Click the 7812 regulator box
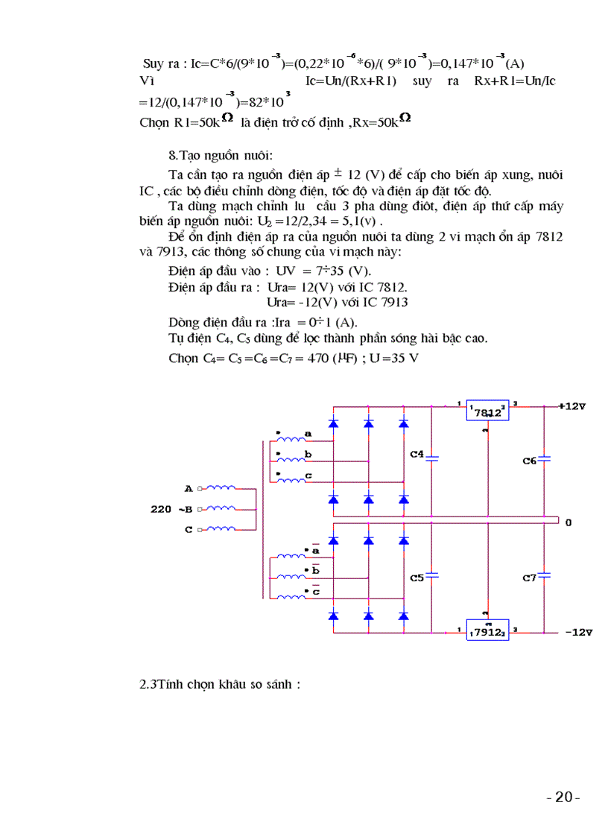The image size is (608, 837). (x=488, y=411)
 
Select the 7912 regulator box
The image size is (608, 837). (x=488, y=631)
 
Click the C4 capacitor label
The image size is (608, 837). (x=417, y=454)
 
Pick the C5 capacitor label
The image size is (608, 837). (x=417, y=577)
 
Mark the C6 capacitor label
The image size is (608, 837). (x=529, y=461)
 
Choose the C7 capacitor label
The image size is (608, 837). (x=529, y=578)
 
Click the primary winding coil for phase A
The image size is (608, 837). (x=221, y=488)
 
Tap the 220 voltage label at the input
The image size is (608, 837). (x=160, y=510)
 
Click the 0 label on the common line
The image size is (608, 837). (x=568, y=522)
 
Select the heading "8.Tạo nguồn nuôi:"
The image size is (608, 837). (x=221, y=156)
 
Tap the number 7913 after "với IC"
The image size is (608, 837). (x=393, y=302)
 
